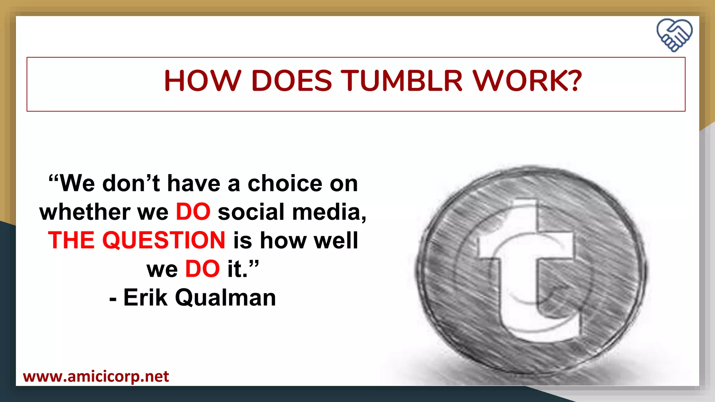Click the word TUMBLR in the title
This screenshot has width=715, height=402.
click(x=401, y=81)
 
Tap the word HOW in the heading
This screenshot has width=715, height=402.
click(x=202, y=81)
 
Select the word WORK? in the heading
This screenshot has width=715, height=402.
click(x=527, y=81)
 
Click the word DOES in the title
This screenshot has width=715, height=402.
click(x=292, y=81)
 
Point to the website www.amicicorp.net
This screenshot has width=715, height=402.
click(x=96, y=377)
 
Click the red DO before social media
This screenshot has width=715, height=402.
click(x=193, y=212)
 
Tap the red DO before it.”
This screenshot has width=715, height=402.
click(x=202, y=269)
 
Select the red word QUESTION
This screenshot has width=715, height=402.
click(x=164, y=240)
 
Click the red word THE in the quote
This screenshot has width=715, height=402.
click(x=71, y=240)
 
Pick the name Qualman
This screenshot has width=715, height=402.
click(x=225, y=298)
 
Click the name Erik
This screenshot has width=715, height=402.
click(x=145, y=298)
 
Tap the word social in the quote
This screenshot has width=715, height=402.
click(x=251, y=212)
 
